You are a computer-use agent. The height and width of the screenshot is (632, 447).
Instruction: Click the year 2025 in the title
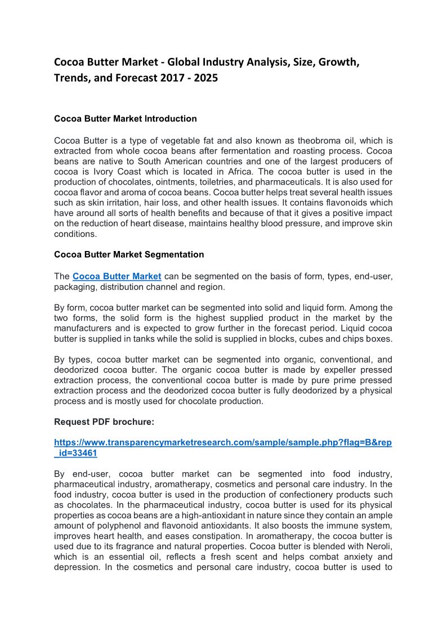205,78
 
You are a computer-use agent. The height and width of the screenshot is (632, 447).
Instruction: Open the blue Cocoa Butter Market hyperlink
117,276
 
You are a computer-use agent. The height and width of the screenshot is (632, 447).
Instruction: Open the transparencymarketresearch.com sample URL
223,443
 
